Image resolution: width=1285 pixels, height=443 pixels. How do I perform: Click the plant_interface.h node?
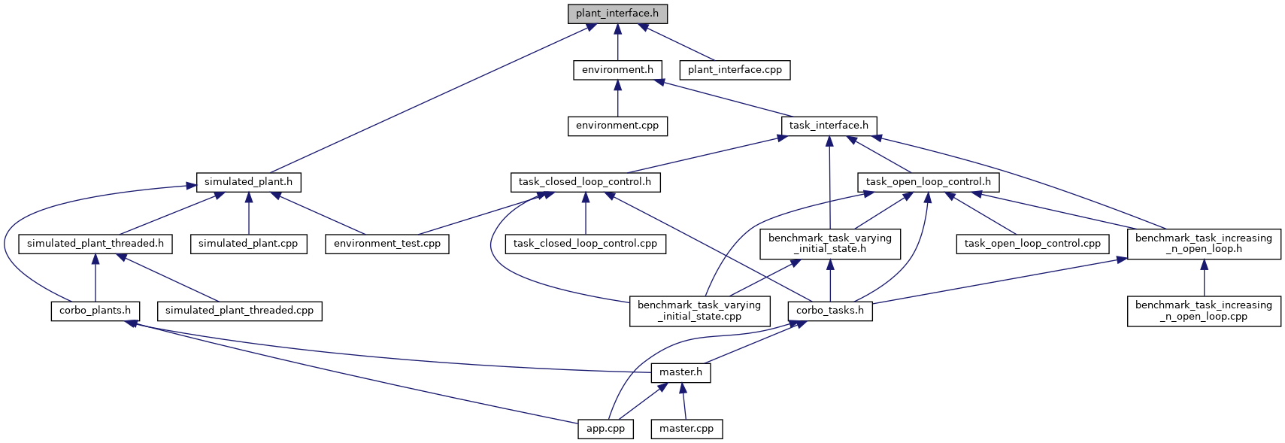point(618,14)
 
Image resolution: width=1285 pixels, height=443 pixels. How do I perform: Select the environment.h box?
point(618,70)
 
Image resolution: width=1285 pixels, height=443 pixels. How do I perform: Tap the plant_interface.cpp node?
point(735,70)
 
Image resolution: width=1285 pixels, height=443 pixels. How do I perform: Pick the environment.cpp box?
point(618,126)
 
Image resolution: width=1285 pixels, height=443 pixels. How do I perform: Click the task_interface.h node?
point(829,126)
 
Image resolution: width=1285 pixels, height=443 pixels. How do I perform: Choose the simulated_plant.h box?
point(248,183)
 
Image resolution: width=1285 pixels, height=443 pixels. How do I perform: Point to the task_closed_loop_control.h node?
point(585,183)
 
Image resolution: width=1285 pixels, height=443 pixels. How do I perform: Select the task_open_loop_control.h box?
point(928,183)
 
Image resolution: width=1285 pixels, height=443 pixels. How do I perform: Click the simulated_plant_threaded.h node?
point(95,244)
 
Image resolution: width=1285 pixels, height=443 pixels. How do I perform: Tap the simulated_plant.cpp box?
point(248,244)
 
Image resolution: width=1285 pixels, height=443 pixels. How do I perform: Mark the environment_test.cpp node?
point(386,244)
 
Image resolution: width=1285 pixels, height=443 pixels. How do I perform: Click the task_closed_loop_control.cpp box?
point(585,244)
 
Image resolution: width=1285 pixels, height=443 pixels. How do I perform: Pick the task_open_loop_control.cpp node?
point(1032,244)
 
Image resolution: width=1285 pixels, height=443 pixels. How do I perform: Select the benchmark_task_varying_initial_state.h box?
point(829,244)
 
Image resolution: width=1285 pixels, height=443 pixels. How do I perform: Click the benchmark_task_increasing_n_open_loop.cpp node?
point(1204,311)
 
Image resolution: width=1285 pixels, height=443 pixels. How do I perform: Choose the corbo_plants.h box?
point(95,311)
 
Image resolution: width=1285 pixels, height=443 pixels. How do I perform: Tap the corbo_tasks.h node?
point(830,311)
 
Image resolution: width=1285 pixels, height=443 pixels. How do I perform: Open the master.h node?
point(681,373)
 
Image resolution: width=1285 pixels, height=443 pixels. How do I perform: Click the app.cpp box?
point(605,429)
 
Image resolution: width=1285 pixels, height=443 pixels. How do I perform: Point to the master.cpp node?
point(686,429)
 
